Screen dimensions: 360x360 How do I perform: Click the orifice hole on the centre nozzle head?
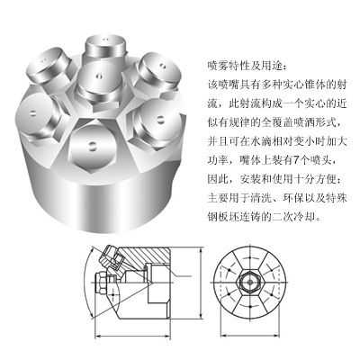[99, 76]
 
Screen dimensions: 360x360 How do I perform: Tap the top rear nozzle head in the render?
[104, 48]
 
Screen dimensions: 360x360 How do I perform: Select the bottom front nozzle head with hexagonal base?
[92, 146]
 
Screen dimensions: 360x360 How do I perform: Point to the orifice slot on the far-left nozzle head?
[33, 113]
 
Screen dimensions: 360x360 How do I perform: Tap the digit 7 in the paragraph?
[296, 160]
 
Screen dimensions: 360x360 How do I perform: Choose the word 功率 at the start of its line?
[218, 160]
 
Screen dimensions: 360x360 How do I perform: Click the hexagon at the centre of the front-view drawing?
[249, 283]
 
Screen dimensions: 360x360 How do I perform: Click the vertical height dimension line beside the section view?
[201, 283]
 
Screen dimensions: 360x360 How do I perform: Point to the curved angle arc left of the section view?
[85, 282]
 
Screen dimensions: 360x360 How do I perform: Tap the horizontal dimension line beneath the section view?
[133, 336]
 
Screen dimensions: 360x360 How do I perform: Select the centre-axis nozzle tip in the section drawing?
[101, 282]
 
